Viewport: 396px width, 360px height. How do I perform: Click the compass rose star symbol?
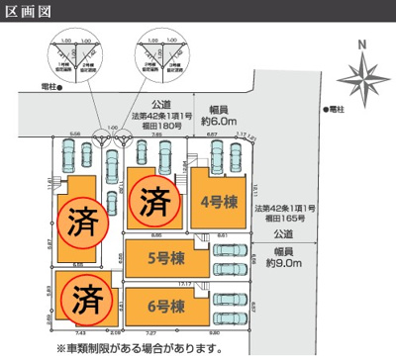point(361,76)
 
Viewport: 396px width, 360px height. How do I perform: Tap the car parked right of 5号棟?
point(234,261)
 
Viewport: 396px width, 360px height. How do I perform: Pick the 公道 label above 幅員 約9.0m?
point(283,234)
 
